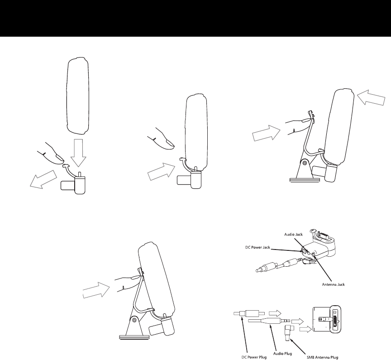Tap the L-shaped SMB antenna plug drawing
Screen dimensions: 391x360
[x=288, y=334]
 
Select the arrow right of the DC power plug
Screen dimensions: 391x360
[x=275, y=313]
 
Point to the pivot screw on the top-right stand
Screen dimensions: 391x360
[x=304, y=162]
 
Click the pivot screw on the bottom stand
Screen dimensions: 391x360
[x=134, y=320]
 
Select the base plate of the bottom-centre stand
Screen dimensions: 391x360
[x=135, y=337]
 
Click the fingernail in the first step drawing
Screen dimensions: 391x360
[x=57, y=158]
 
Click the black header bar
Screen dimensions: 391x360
[x=195, y=18]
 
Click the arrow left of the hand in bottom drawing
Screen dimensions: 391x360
[x=96, y=289]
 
